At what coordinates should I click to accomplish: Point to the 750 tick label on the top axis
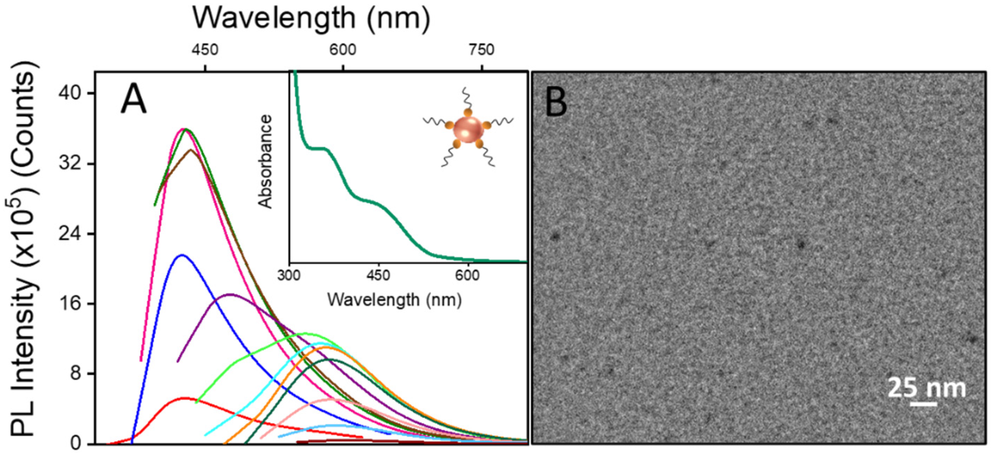point(482,50)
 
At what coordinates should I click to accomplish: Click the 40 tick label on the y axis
point(71,93)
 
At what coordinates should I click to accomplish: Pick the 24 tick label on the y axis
point(71,234)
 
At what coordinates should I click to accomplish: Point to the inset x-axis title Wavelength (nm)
point(394,300)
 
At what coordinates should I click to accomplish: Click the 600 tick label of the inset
point(468,276)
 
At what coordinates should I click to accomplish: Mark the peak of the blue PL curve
point(182,255)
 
